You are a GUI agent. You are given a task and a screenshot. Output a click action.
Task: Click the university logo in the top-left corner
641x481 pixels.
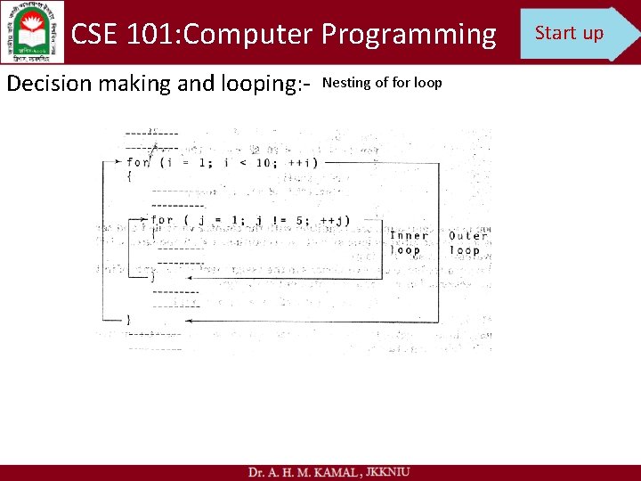tap(32, 32)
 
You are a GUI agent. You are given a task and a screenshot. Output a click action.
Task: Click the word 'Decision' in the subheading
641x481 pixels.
tap(50, 84)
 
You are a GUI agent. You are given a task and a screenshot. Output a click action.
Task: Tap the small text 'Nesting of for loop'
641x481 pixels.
tap(382, 83)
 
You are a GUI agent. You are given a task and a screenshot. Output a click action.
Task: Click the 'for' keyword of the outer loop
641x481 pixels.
tap(138, 162)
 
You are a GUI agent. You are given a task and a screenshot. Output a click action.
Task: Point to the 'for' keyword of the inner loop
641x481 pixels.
tap(162, 220)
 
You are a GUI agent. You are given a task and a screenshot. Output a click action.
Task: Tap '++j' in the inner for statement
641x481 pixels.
tap(334, 220)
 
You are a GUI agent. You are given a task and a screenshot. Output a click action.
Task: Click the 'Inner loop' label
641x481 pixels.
tap(409, 242)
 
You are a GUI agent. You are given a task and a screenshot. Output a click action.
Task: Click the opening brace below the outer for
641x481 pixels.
tap(129, 176)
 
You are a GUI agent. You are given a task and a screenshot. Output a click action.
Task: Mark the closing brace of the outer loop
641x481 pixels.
tap(129, 319)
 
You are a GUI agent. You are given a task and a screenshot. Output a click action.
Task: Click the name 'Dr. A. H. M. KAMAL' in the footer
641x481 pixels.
tap(301, 471)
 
